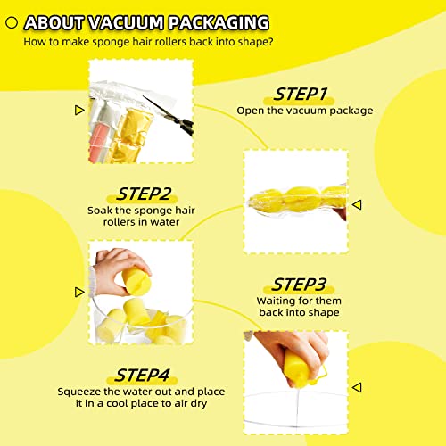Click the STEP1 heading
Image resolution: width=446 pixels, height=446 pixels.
300,94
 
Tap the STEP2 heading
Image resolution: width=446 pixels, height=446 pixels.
145,194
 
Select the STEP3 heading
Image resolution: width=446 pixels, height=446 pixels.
300,285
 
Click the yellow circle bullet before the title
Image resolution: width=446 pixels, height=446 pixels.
12,21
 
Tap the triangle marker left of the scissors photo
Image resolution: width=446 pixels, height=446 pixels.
78,110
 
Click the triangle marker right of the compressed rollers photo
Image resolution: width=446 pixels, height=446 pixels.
357,204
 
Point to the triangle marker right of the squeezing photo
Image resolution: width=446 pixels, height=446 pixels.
357,387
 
